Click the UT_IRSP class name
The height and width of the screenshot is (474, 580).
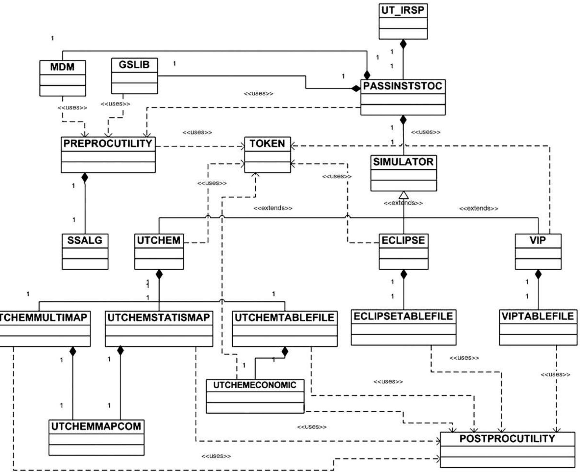coord(403,10)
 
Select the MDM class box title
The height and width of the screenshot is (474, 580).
coord(62,67)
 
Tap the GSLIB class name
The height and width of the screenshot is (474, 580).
coord(134,65)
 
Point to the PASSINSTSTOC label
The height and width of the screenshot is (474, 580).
coord(403,86)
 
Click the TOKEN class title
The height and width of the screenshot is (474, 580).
coord(267,143)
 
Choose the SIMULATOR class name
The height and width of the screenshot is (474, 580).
coord(403,162)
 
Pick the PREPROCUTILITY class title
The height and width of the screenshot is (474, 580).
coord(108,143)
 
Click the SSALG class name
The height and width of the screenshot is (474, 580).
coord(85,240)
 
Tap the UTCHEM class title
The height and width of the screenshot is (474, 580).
coord(159,240)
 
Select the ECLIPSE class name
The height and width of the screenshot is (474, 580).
coord(403,240)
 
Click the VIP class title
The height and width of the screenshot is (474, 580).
coord(538,240)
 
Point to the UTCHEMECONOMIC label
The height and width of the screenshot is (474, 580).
coord(255,385)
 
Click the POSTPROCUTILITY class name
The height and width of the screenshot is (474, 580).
coord(507,439)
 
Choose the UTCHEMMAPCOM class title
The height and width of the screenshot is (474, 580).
coord(96,426)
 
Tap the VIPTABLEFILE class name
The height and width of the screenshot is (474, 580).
coord(538,316)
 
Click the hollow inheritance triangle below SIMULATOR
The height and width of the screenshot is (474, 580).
coord(404,195)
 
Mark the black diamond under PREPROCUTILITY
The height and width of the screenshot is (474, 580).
coord(85,177)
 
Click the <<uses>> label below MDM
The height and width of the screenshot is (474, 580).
coord(72,108)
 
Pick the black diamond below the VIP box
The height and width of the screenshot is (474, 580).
coord(538,274)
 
